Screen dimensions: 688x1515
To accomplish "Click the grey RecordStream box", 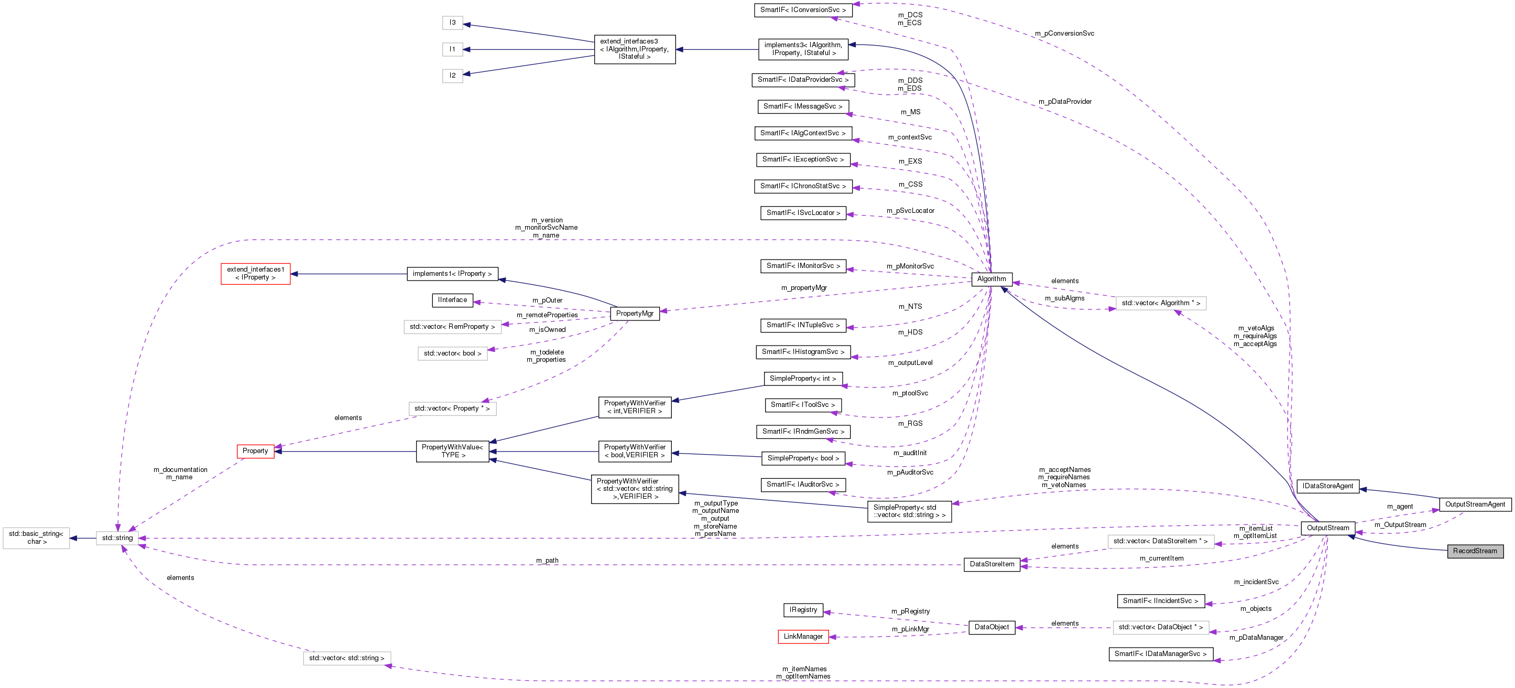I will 1475,551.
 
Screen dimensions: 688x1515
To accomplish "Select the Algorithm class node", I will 991,279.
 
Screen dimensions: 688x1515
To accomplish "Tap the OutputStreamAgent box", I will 1475,504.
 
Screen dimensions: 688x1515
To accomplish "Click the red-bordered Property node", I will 255,451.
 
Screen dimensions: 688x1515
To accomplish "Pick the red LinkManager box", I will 803,637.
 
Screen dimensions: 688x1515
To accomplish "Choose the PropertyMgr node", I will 634,314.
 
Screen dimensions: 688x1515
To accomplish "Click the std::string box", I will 117,538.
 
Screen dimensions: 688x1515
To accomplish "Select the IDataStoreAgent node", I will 1327,486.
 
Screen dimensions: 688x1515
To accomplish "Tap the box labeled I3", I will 452,23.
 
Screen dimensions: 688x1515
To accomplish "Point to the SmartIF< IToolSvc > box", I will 802,405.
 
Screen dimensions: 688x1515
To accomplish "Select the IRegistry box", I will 803,610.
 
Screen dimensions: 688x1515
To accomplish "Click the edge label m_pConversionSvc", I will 1064,34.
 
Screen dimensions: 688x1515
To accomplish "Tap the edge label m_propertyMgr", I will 803,288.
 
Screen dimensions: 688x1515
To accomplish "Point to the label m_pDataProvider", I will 1064,102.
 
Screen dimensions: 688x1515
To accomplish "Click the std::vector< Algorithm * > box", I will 1160,303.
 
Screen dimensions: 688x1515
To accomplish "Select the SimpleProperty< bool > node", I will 803,458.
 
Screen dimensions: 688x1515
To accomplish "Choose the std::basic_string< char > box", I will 36,538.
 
